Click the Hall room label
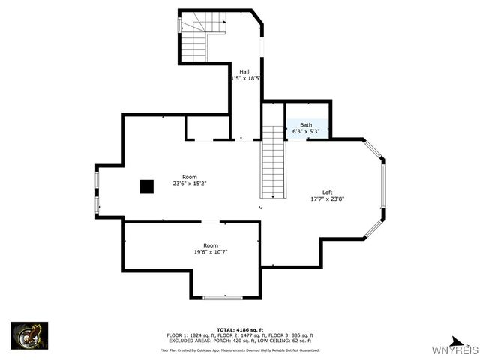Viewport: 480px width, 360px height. click(245, 71)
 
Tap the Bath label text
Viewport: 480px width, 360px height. click(306, 124)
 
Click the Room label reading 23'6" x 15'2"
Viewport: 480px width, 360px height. click(190, 183)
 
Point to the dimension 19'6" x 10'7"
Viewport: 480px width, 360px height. click(211, 252)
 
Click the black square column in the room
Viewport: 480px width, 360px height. click(146, 187)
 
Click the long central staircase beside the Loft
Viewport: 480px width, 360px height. click(274, 160)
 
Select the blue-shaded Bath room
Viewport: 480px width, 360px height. click(307, 128)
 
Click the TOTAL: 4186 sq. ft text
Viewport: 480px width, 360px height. click(239, 329)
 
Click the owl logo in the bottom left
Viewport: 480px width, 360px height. click(29, 334)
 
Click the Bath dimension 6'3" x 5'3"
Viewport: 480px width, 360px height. click(306, 131)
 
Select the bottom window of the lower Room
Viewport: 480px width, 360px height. click(223, 298)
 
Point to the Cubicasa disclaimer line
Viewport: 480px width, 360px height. click(239, 349)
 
